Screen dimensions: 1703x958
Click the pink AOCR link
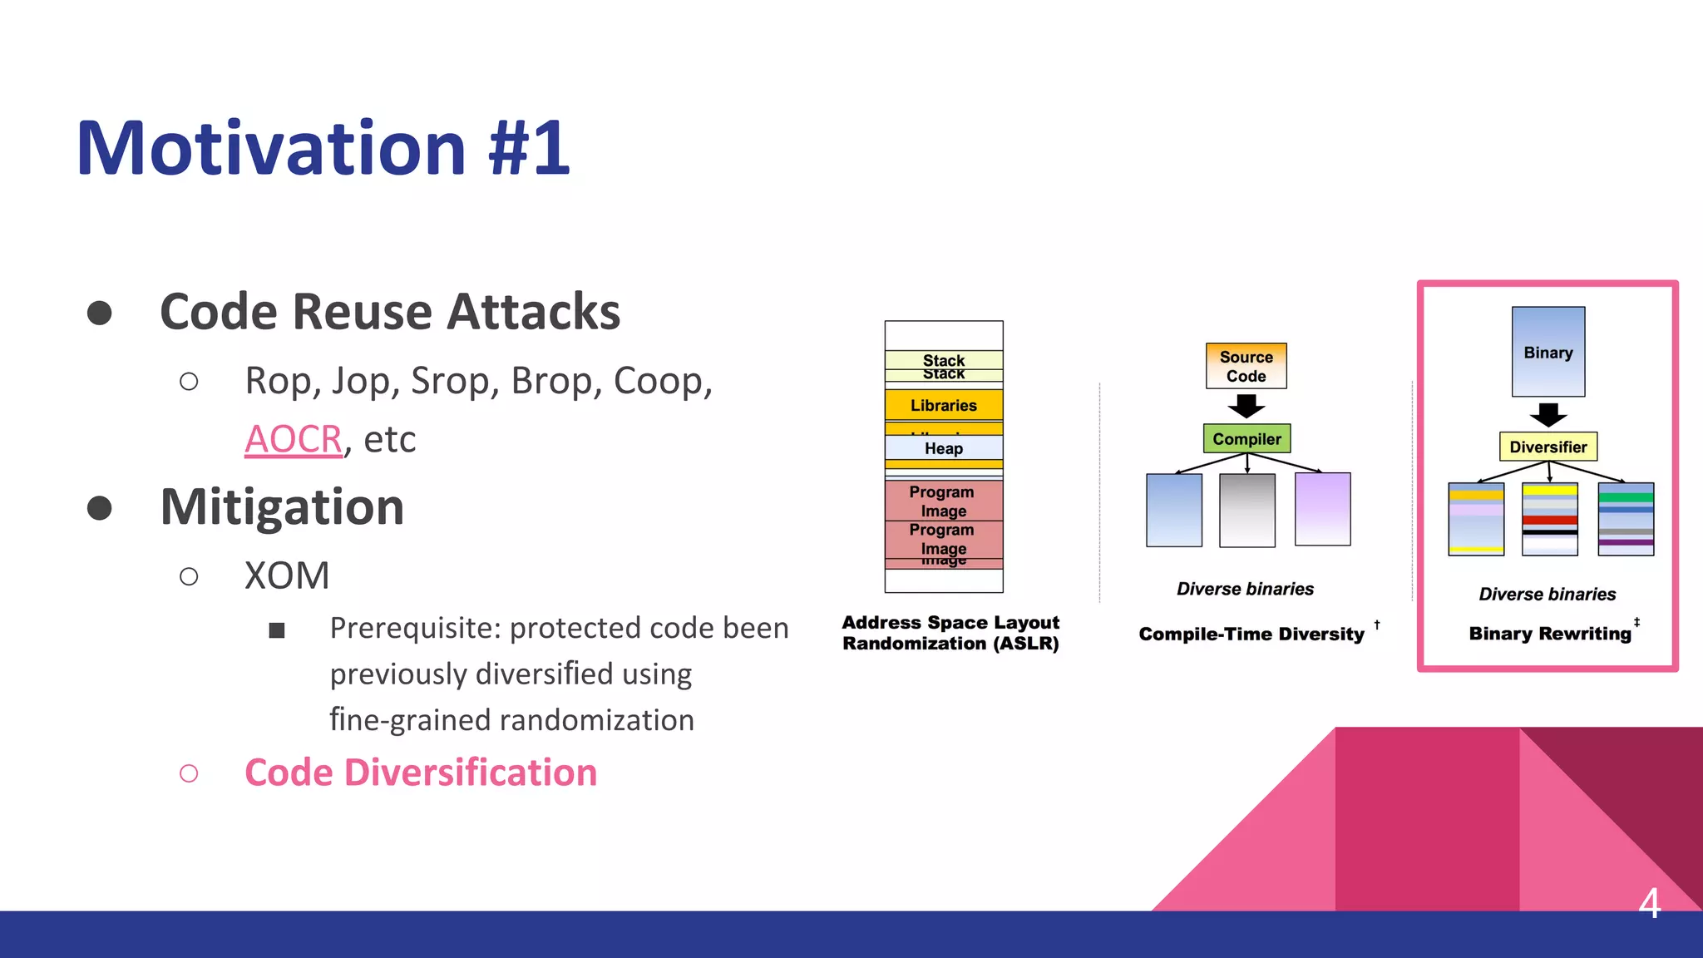(x=293, y=439)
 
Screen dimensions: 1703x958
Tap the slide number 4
(x=1650, y=903)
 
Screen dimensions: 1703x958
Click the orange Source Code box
(x=1246, y=366)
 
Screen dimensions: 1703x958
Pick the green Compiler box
(x=1246, y=438)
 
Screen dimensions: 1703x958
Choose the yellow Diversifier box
(x=1548, y=447)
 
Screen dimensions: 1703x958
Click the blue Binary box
(x=1548, y=352)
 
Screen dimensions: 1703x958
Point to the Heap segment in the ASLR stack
(x=944, y=448)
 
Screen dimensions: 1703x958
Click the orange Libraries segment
(x=944, y=405)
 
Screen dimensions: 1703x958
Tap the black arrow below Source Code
(x=1246, y=406)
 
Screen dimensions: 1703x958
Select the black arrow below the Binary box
(x=1548, y=414)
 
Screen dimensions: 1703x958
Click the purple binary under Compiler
(x=1322, y=509)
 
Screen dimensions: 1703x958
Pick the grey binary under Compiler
(x=1246, y=510)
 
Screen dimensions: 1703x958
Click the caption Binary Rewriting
(x=1549, y=634)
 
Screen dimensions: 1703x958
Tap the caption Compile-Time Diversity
(x=1251, y=635)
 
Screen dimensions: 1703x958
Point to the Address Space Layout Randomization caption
(x=950, y=633)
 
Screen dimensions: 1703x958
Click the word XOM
(x=287, y=575)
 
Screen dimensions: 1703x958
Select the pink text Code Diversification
(x=421, y=773)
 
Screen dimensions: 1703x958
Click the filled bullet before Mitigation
(x=100, y=507)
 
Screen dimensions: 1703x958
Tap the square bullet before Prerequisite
(x=277, y=630)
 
